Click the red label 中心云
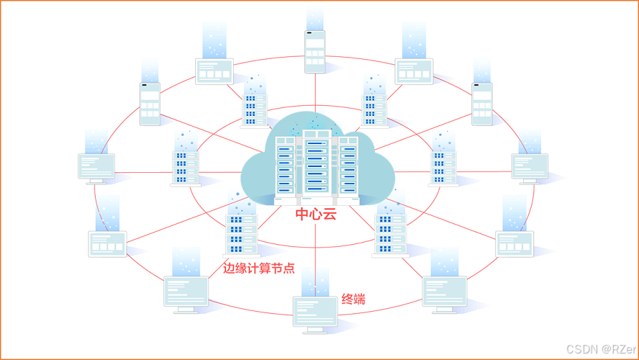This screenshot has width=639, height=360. tap(315, 215)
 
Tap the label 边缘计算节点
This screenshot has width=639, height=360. tap(258, 269)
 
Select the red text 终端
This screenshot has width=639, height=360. tap(353, 299)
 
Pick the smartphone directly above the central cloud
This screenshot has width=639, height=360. tap(314, 51)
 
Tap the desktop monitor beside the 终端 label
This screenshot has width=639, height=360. tap(314, 312)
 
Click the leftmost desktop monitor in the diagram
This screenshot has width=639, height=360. tap(96, 167)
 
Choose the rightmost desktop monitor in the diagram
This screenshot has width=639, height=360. tap(530, 166)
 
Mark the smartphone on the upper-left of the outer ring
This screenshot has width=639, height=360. tap(150, 104)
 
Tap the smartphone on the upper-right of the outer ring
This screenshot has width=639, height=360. tap(482, 104)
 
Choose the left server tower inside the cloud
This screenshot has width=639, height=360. tap(283, 166)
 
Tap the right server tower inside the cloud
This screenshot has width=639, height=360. tap(348, 166)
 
